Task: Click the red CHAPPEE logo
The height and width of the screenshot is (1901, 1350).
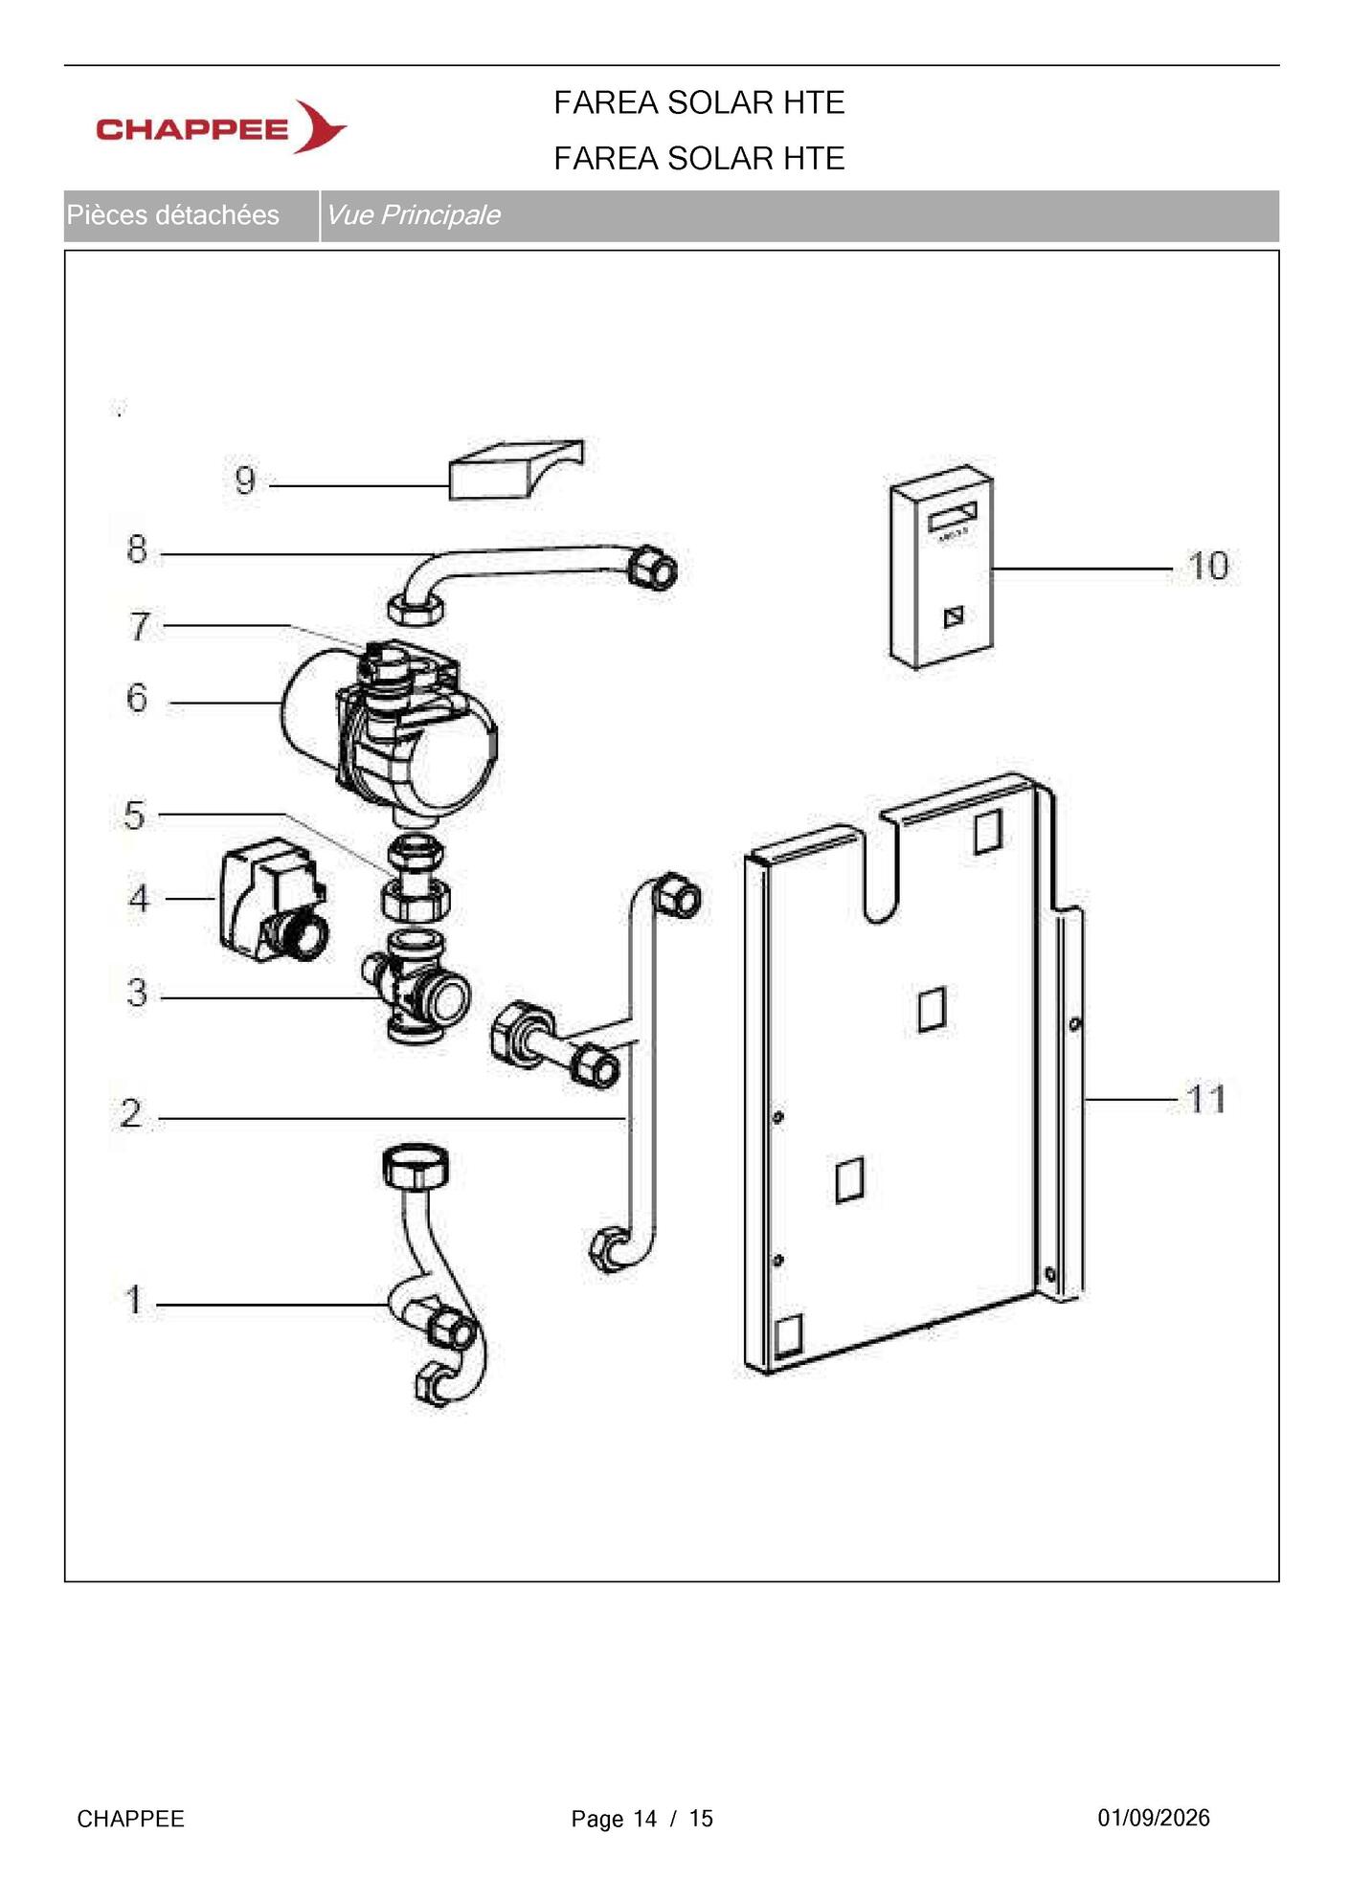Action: coord(221,127)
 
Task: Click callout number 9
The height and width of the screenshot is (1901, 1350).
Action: coord(245,480)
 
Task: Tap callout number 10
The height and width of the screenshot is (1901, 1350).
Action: coord(1208,566)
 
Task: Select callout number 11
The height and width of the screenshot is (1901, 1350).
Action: coord(1206,1099)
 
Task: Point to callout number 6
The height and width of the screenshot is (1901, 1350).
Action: coord(137,698)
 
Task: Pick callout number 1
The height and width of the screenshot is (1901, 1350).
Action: coord(135,1301)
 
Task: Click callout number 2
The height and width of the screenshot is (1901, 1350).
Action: coord(131,1113)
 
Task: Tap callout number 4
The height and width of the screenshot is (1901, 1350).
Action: coord(140,899)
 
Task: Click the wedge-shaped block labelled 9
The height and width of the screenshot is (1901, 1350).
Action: coord(516,470)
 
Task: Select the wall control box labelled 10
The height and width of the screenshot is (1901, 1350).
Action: coord(941,567)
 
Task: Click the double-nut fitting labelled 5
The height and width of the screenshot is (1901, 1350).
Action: coord(417,880)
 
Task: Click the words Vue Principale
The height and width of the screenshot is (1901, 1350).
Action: coord(413,214)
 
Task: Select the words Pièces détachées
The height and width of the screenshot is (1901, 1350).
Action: coord(173,214)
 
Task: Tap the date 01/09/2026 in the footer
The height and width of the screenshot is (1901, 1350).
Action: coord(1154,1818)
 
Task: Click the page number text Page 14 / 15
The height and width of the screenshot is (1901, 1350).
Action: coord(642,1819)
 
